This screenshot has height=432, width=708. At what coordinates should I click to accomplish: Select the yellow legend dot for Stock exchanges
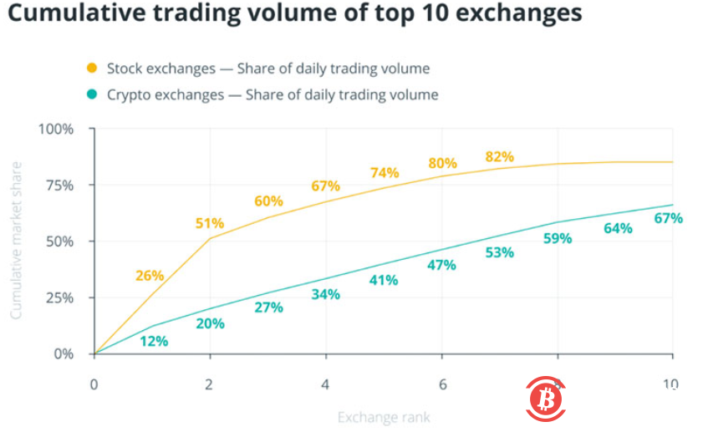[x=92, y=68]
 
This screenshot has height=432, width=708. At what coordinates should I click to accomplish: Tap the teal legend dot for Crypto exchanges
[x=92, y=94]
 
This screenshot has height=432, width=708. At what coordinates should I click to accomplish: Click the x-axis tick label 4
[x=325, y=385]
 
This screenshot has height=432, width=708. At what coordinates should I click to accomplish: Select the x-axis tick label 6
[x=442, y=385]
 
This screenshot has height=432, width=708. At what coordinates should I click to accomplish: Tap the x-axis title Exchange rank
[x=384, y=416]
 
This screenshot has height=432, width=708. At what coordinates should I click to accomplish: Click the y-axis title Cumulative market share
[x=16, y=241]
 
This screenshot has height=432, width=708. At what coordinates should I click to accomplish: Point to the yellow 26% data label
[x=150, y=276]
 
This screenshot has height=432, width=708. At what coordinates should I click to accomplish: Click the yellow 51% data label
[x=210, y=223]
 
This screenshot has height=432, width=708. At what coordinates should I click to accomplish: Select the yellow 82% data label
[x=499, y=157]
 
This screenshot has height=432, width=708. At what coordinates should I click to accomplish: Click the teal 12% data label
[x=154, y=341]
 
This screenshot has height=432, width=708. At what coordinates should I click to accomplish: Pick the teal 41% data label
[x=384, y=281]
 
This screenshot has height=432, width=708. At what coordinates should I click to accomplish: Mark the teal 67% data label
[x=669, y=219]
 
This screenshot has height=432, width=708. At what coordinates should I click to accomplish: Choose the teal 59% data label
[x=558, y=238]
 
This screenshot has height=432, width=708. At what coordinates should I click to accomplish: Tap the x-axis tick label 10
[x=670, y=385]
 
